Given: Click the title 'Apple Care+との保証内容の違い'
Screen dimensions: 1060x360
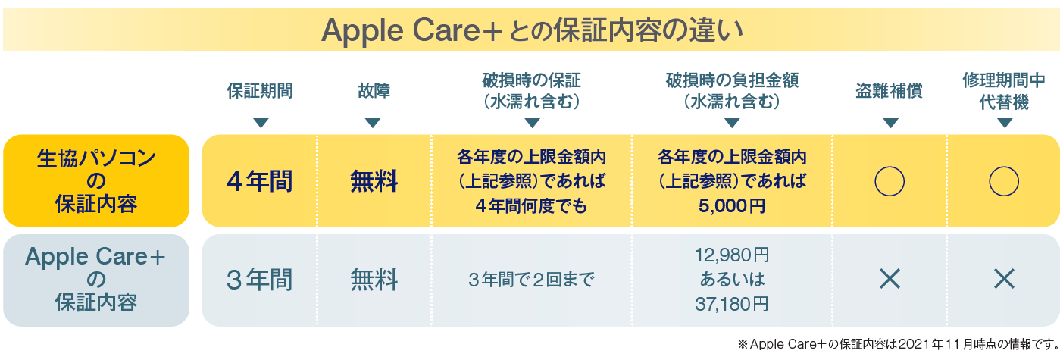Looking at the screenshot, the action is click(x=533, y=30).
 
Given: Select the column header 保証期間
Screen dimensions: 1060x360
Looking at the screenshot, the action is click(x=260, y=90).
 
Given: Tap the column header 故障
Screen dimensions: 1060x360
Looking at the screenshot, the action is click(x=374, y=90).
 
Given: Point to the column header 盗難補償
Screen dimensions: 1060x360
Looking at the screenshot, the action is click(x=890, y=90).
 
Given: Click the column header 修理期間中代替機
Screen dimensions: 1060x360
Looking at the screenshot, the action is click(x=1004, y=91).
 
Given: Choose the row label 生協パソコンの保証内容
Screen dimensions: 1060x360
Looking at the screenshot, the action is click(x=96, y=180).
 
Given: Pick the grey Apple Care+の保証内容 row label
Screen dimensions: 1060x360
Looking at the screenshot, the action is click(x=96, y=280).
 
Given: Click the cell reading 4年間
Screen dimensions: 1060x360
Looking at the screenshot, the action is click(x=260, y=181).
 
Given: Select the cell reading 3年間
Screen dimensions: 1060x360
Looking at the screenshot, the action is click(x=260, y=280).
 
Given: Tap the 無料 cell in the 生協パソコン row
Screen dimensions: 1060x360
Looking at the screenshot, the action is click(x=374, y=181).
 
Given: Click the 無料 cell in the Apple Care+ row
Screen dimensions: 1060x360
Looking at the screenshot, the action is click(x=374, y=280).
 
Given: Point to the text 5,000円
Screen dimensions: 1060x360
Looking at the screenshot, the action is click(x=732, y=206).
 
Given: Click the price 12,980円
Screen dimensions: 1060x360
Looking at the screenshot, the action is click(x=732, y=255).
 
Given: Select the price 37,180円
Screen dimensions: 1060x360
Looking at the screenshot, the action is click(x=732, y=304).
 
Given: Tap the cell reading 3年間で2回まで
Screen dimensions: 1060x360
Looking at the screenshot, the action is click(x=531, y=280).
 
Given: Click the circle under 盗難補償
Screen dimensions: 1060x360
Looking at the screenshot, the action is click(x=875, y=181).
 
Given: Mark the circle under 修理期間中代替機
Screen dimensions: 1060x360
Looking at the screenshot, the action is click(x=990, y=181).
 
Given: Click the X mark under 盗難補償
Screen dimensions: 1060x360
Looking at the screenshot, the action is click(x=890, y=279).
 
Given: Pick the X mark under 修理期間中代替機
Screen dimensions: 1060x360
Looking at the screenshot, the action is click(x=1004, y=279).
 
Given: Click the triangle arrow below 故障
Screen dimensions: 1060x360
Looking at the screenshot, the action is click(x=373, y=123).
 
